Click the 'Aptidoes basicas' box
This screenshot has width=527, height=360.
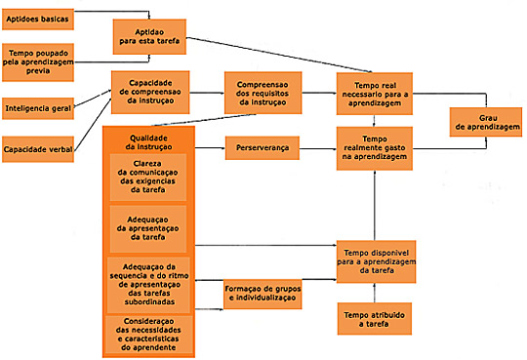point(38,18)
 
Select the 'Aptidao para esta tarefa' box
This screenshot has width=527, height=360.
point(149,37)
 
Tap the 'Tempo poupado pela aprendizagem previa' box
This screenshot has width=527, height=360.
point(40,59)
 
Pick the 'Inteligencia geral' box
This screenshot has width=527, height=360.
point(39,106)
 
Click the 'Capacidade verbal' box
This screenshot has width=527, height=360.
point(38,149)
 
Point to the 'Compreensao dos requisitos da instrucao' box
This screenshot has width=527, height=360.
point(262,94)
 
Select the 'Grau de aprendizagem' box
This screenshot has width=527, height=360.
point(484,120)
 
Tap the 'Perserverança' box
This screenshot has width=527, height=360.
point(262,147)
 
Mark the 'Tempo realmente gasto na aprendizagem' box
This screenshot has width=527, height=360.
point(376,147)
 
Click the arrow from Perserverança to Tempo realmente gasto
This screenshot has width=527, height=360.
point(318,147)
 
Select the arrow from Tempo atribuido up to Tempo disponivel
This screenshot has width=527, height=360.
point(376,291)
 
